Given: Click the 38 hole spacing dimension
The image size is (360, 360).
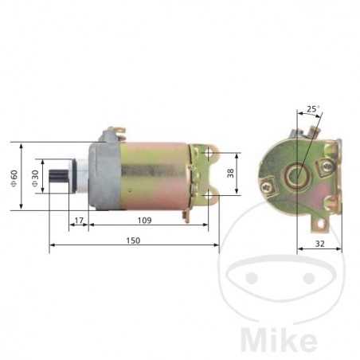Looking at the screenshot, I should (x=231, y=173).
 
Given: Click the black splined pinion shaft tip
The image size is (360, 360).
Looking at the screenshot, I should (x=61, y=176).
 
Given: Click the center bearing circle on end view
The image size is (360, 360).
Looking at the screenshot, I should (x=299, y=174).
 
